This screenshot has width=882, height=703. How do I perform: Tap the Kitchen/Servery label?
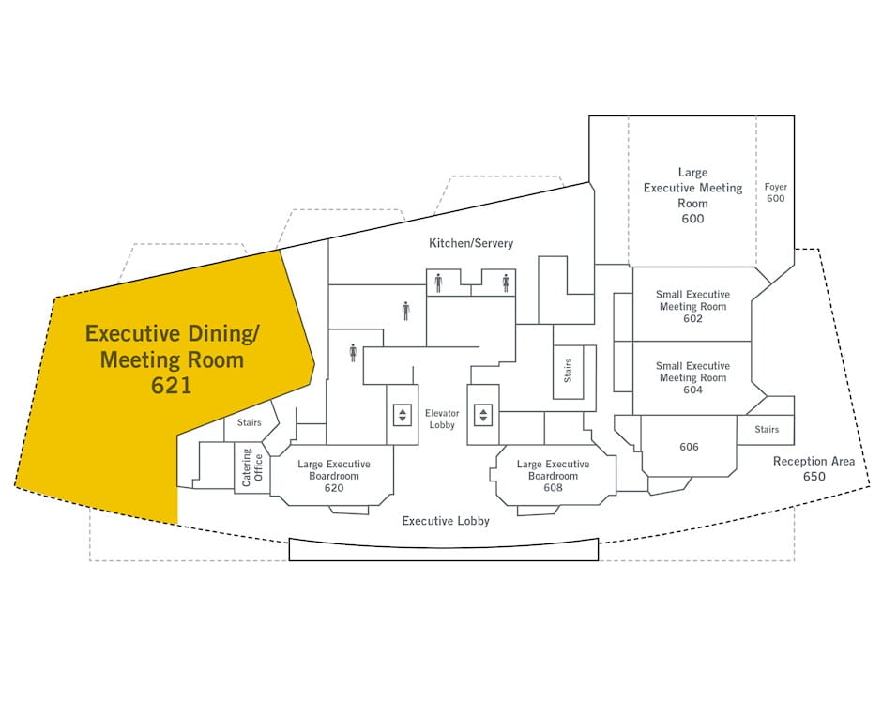point(471,243)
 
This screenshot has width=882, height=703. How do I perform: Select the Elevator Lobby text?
point(441,419)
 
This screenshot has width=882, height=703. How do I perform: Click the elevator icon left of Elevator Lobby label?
point(403,414)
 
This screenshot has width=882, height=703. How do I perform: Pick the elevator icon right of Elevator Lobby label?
point(483,414)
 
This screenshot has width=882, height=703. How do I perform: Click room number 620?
point(334,488)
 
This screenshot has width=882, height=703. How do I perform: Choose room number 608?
point(553,488)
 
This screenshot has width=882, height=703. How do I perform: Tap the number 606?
point(689,447)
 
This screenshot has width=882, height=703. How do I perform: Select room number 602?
point(692,319)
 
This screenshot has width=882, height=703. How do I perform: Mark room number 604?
point(692,390)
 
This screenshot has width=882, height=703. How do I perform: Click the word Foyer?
point(775,187)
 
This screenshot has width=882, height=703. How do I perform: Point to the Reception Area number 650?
point(814,477)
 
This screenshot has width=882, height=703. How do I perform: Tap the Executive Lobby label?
point(446,521)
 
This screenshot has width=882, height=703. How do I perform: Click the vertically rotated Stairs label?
point(568,373)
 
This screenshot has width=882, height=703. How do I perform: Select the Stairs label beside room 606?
point(767,430)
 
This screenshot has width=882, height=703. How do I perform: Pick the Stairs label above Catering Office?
point(249,423)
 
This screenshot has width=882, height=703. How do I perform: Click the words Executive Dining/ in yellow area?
point(172,333)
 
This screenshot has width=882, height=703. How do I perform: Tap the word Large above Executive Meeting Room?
point(692,173)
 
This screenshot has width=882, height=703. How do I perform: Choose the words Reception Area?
point(814,462)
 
